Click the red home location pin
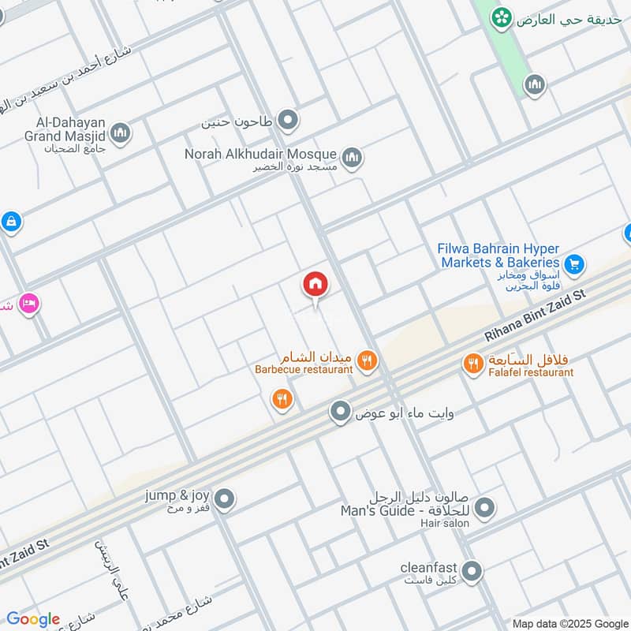(316, 285)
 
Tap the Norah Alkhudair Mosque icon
(352, 158)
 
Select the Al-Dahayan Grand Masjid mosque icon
(120, 133)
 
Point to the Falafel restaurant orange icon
(472, 362)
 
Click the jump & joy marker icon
(225, 498)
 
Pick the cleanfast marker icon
(472, 570)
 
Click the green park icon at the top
(500, 17)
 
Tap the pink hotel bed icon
(29, 304)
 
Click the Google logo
(33, 619)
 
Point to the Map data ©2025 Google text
(570, 622)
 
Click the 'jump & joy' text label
(177, 495)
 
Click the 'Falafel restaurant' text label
(531, 372)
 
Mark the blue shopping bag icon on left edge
(10, 222)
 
